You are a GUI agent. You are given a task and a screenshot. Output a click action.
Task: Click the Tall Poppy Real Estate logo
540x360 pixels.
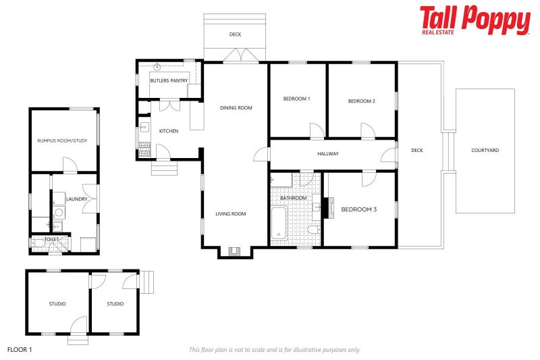[475, 20]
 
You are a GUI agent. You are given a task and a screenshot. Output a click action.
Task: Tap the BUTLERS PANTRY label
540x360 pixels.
[168, 80]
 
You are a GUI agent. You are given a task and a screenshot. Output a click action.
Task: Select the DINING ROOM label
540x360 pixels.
[236, 107]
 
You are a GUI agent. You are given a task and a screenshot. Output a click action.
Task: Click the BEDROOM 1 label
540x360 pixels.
[296, 99]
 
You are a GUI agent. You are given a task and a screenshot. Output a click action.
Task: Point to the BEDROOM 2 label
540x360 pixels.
[361, 101]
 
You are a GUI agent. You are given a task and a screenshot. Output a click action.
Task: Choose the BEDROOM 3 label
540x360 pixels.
[358, 209]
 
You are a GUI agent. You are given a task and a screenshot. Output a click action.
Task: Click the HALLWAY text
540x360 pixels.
[328, 154]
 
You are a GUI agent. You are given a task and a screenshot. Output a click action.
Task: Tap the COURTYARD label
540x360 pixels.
[485, 150]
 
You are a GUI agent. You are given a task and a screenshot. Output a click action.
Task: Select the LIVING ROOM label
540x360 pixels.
[230, 214]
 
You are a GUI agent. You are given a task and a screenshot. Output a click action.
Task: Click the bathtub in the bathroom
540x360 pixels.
[279, 224]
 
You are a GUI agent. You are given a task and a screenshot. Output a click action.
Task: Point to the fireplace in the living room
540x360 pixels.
[235, 252]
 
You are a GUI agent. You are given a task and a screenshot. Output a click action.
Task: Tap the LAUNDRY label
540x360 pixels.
[75, 199]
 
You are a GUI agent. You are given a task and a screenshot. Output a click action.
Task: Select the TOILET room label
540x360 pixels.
[51, 239]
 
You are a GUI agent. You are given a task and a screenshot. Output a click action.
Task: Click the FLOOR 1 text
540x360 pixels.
[20, 350]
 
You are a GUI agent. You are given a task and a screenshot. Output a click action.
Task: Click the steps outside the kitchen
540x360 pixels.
[163, 168]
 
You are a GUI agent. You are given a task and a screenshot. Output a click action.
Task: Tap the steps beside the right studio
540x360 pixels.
[147, 280]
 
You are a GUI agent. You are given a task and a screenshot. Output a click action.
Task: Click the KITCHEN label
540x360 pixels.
[168, 131]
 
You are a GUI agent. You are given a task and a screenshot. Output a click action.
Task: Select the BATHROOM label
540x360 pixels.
[294, 198]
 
